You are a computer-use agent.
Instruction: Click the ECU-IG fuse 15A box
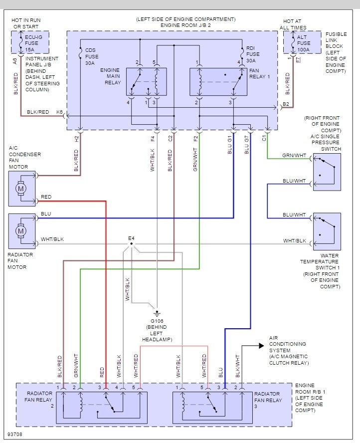click(x=24, y=41)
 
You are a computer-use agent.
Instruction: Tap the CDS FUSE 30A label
click(x=93, y=55)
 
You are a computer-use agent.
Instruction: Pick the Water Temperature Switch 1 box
click(x=327, y=231)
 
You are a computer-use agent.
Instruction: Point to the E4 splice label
click(x=131, y=238)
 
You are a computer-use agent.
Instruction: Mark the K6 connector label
click(x=59, y=112)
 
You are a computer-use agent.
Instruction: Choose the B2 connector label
click(x=286, y=105)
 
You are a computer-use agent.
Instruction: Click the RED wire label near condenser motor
click(x=46, y=197)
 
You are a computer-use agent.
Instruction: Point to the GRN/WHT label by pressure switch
click(x=294, y=155)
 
